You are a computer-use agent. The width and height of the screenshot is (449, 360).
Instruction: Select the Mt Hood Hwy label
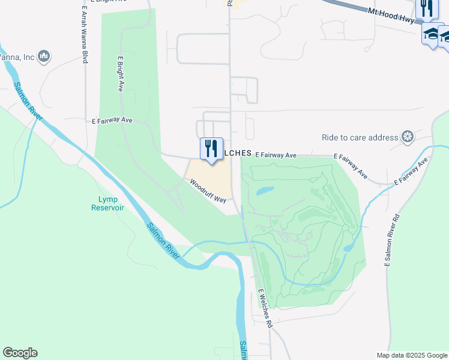click(391, 15)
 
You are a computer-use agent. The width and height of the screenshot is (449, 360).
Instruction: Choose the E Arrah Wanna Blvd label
click(85, 35)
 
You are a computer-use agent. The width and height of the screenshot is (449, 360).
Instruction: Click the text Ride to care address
click(360, 137)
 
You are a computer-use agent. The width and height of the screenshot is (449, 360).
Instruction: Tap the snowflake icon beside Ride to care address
click(408, 137)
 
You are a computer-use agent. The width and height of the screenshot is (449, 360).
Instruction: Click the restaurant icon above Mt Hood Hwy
click(427, 8)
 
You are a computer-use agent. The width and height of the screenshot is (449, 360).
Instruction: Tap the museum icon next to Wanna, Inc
click(43, 56)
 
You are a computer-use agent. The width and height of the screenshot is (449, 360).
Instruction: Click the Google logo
click(20, 353)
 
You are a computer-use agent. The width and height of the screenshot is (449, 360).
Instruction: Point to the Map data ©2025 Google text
click(411, 355)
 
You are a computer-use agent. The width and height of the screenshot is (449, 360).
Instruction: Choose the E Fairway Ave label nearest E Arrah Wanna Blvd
click(112, 120)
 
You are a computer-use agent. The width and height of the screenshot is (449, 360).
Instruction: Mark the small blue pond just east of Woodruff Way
click(265, 191)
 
